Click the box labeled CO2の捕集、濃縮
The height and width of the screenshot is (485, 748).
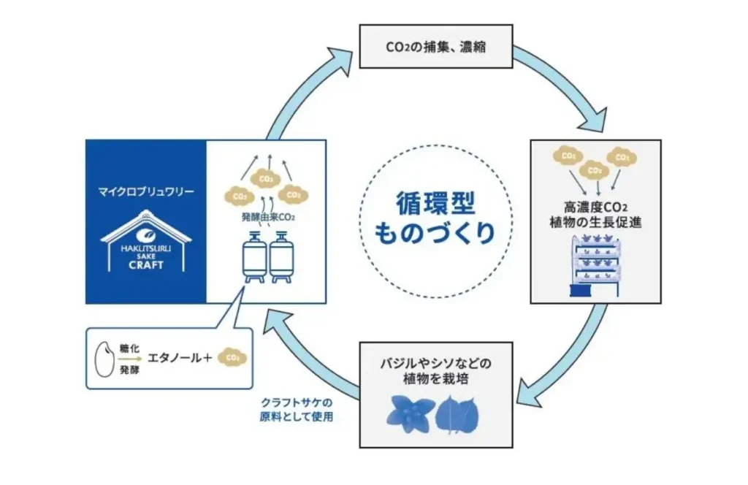tap(435, 47)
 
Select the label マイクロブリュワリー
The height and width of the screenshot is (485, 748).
tap(146, 191)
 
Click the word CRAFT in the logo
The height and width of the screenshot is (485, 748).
tap(146, 264)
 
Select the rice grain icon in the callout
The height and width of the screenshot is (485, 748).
tap(105, 358)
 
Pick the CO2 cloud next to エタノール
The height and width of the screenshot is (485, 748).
tap(233, 358)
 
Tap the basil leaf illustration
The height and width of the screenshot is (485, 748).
tap(409, 413)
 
